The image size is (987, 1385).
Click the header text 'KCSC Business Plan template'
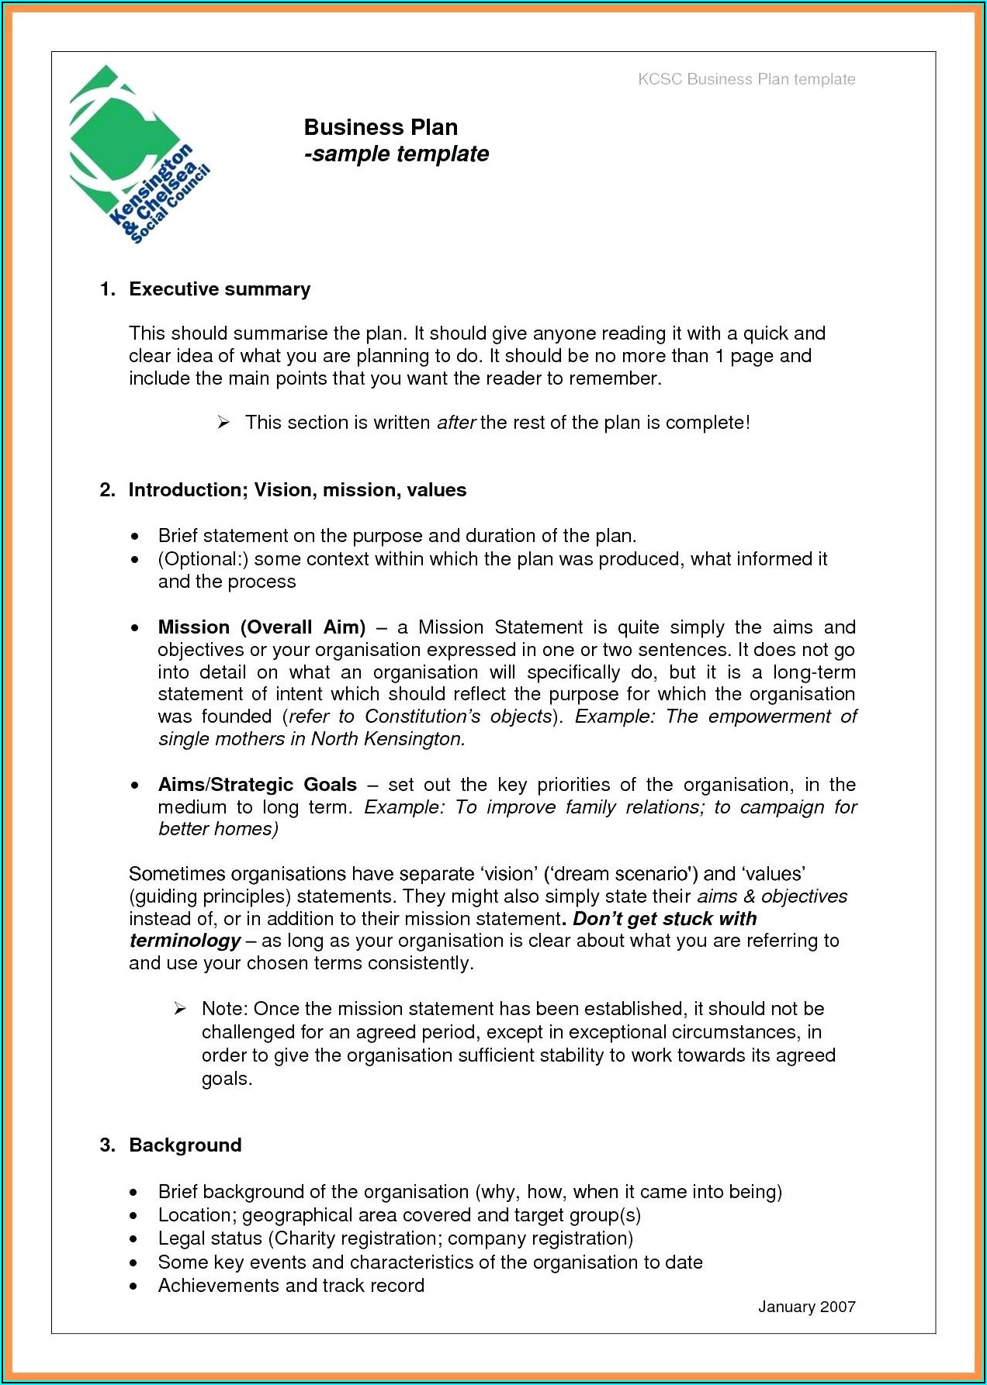click(746, 79)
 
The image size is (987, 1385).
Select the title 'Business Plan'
click(380, 127)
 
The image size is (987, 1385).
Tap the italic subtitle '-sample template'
click(397, 154)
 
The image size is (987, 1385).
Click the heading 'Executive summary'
click(220, 289)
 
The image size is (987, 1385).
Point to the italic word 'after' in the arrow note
click(455, 423)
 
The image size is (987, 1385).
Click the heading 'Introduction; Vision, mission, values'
click(297, 490)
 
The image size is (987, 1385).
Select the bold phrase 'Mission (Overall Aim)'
click(261, 627)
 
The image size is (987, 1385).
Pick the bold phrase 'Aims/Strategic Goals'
click(258, 785)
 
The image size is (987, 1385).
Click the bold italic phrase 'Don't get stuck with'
click(664, 919)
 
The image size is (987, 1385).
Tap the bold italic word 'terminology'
click(185, 941)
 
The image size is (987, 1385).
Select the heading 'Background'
click(185, 1145)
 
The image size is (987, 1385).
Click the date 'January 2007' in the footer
click(806, 1307)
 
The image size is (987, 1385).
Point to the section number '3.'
click(108, 1145)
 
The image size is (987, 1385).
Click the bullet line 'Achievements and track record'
click(291, 1285)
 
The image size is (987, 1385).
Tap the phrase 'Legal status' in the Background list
click(210, 1238)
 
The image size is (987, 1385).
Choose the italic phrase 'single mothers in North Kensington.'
click(311, 739)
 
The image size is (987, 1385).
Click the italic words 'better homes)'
click(218, 829)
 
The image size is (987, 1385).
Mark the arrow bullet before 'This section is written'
click(223, 423)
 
